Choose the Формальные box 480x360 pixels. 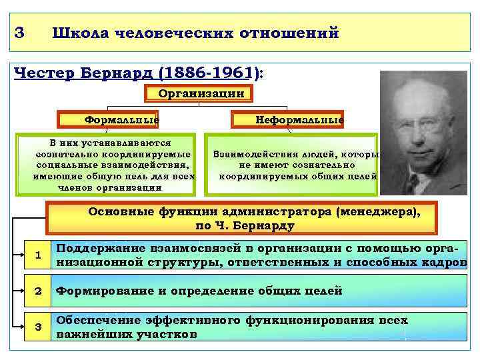click(x=120, y=120)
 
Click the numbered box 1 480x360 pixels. click(x=38, y=255)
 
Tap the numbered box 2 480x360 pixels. click(x=38, y=291)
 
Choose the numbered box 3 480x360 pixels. click(x=38, y=326)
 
